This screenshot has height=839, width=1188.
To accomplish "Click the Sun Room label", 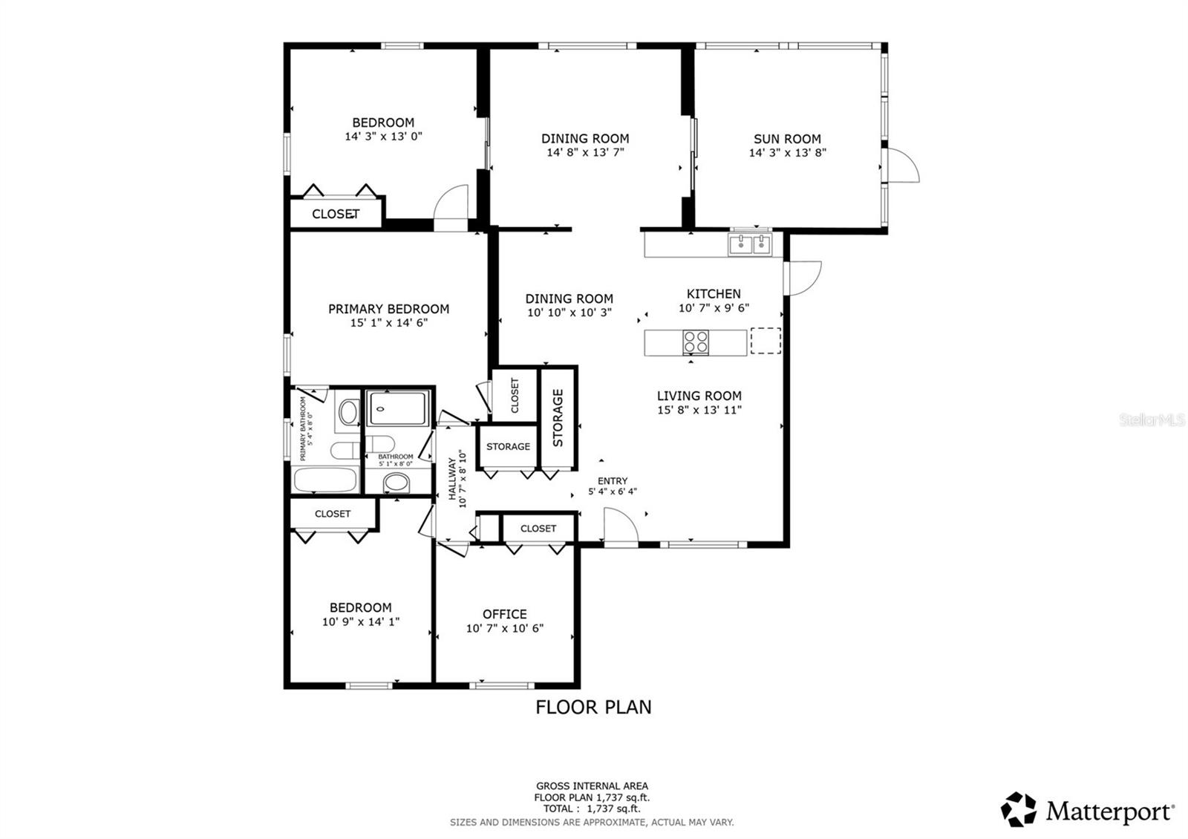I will (787, 139).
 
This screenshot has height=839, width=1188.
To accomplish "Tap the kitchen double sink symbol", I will (750, 244).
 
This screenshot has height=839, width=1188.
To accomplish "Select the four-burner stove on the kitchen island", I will (696, 342).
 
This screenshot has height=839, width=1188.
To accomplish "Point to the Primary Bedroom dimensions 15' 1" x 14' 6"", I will (388, 323).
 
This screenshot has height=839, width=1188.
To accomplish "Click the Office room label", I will (504, 614).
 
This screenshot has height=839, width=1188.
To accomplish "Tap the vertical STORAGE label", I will (558, 418).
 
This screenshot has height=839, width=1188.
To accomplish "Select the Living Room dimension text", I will (699, 410).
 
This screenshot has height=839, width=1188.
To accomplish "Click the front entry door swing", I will (620, 526).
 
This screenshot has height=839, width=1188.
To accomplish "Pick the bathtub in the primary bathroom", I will (324, 480).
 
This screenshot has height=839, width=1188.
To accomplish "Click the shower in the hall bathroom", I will (399, 408).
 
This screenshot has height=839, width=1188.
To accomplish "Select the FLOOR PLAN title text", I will (593, 707).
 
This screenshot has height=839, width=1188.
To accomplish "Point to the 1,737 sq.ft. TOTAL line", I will (591, 809).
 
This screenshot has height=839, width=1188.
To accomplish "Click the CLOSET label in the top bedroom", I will (336, 214).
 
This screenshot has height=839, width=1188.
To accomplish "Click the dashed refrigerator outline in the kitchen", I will (766, 341).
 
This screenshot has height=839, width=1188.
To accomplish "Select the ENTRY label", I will (612, 480).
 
